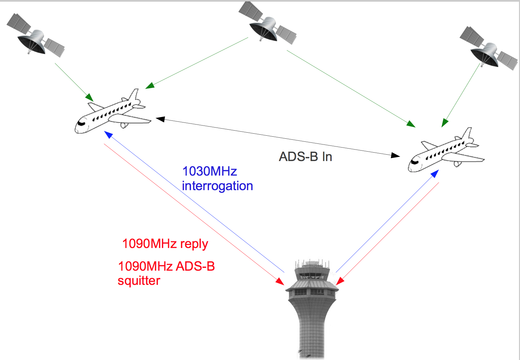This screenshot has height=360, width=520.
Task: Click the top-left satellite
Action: coord(35,36)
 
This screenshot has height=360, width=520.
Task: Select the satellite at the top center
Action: coord(267,24)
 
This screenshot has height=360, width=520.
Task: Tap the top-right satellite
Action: coord(488,49)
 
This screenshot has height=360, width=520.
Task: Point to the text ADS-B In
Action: coord(305,157)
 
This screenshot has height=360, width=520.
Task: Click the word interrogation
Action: coord(217,186)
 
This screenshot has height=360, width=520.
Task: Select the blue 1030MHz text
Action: coord(210,171)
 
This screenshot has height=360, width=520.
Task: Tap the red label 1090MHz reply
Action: coord(165,244)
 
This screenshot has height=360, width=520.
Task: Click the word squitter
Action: coord(139,281)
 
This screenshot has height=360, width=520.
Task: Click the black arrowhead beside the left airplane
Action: coord(160,119)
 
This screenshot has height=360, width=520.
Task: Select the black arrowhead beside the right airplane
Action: coord(396,155)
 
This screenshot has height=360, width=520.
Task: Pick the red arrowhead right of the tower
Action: coord(340,281)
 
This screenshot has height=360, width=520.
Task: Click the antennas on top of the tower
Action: coord(312,263)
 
